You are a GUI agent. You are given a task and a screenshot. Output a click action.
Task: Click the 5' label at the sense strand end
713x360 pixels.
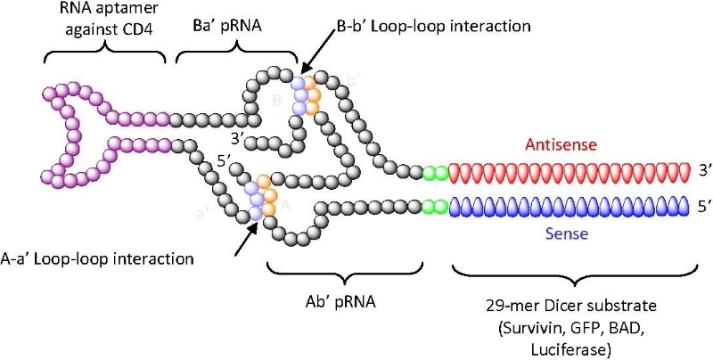pyautogui.click(x=704, y=206)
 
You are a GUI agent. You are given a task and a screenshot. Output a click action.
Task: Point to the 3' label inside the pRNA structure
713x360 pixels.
pyautogui.click(x=236, y=138)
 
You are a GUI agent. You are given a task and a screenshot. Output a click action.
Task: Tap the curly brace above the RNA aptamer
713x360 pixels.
pyautogui.click(x=105, y=54)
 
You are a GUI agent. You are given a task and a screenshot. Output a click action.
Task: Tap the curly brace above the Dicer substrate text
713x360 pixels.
pyautogui.click(x=570, y=271)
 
